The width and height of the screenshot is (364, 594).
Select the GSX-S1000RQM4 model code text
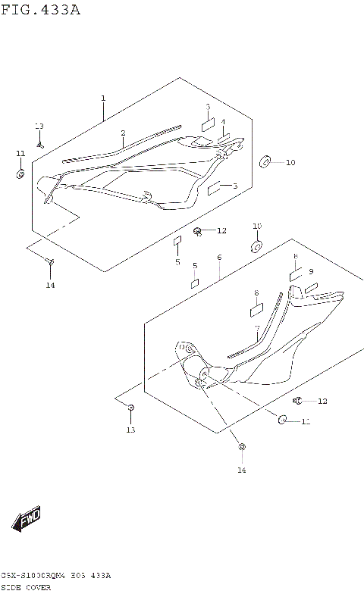coord(38,576)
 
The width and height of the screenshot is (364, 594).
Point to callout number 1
coord(103,98)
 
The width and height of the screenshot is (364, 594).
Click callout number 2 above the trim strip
coord(122,133)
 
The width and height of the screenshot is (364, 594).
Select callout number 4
coord(223,122)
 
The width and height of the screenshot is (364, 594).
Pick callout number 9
coord(310,271)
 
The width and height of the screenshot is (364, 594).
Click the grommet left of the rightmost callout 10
coord(266,162)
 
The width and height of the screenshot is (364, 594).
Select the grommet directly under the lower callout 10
coord(256,247)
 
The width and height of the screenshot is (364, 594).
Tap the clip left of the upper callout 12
coord(198,230)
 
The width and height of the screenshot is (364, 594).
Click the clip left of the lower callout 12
coord(298,400)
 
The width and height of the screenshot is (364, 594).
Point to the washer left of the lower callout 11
coord(282,420)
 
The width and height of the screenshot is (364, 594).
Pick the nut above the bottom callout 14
coord(241,448)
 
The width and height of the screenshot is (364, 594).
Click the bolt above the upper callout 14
coord(50,262)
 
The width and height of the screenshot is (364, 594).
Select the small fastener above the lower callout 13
coord(130,408)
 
